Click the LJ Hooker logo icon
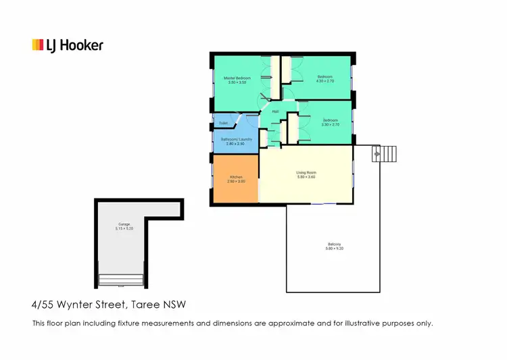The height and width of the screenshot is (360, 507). [x=38, y=45]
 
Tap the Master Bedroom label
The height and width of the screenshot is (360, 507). [x=237, y=78]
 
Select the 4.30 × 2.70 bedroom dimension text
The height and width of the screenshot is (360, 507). [x=325, y=81]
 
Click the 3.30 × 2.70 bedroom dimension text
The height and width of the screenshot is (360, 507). [x=330, y=124]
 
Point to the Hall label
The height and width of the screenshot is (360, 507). [x=275, y=112]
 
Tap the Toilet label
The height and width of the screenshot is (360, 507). [x=223, y=123]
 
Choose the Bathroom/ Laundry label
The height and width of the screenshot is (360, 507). [x=236, y=140]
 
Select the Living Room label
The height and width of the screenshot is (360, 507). [x=306, y=173]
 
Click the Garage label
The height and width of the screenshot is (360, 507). [x=124, y=224]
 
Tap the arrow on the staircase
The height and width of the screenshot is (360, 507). [x=376, y=155]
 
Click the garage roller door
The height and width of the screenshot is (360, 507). [x=122, y=280]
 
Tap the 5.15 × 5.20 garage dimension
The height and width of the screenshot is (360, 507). [x=124, y=228]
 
